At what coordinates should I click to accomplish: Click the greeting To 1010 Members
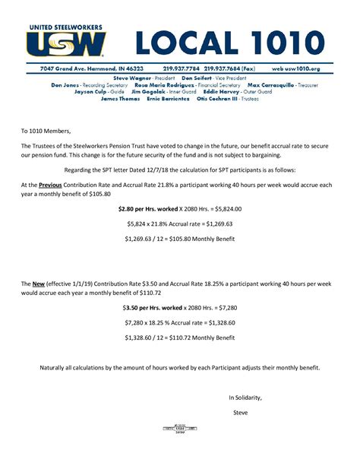[x=46, y=130]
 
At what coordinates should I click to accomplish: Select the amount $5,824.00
[x=220, y=208]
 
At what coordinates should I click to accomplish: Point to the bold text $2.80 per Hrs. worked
[x=147, y=208]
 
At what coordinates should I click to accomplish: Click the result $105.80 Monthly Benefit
[x=180, y=239]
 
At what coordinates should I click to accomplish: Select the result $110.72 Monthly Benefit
[x=180, y=338]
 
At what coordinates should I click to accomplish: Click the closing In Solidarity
[x=245, y=398]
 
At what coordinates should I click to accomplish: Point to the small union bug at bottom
[x=179, y=430]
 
